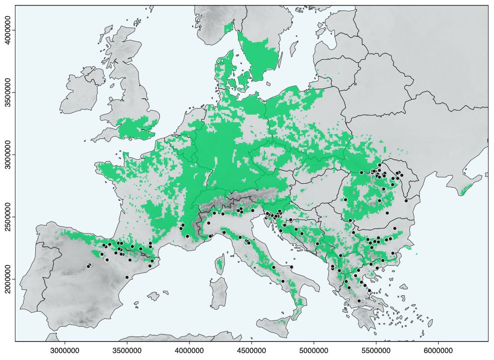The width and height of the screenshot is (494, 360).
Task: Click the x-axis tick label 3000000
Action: pyautogui.click(x=64, y=351)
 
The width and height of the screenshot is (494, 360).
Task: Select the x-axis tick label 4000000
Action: pyautogui.click(x=189, y=351)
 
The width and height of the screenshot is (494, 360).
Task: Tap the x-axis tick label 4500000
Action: pyautogui.click(x=251, y=351)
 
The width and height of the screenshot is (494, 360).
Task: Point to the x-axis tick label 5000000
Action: pyautogui.click(x=314, y=351)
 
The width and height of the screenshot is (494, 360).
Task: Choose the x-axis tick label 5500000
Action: pyautogui.click(x=376, y=351)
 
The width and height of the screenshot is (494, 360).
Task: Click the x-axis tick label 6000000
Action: pyautogui.click(x=438, y=351)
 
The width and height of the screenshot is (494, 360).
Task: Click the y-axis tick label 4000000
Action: pyautogui.click(x=7, y=30)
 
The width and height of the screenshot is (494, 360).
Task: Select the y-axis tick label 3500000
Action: pyautogui.click(x=7, y=93)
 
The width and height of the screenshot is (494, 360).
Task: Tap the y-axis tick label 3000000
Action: pyautogui.click(x=7, y=155)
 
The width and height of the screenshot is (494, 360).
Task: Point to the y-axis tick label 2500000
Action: pyautogui.click(x=7, y=217)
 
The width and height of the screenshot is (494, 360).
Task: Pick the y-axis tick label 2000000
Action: pyautogui.click(x=7, y=279)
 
